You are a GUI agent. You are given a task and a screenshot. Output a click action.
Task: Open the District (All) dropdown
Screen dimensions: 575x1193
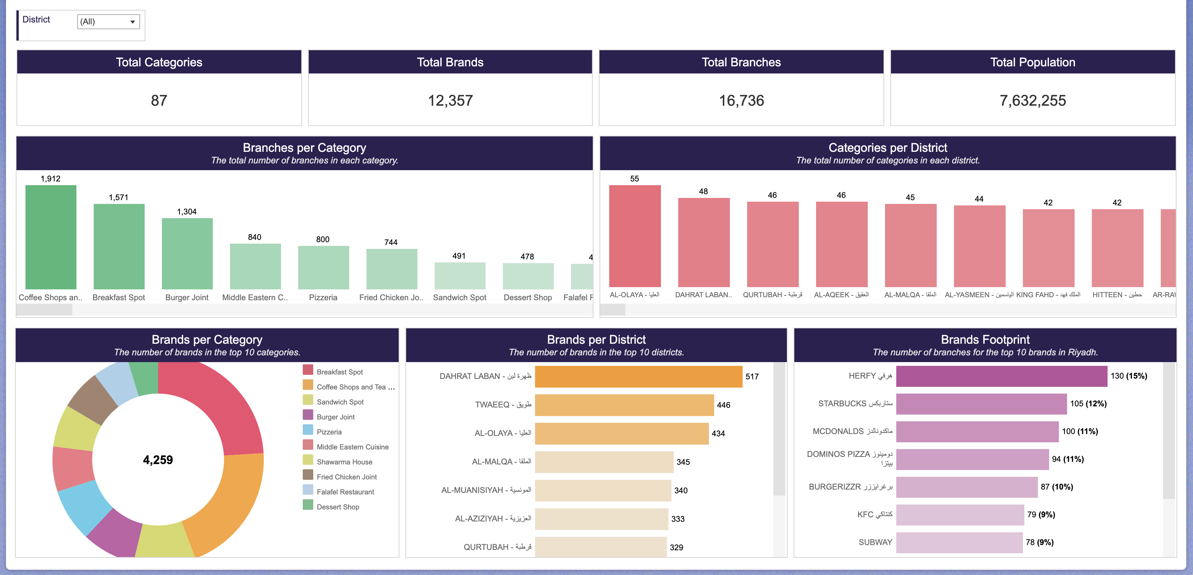point(108,21)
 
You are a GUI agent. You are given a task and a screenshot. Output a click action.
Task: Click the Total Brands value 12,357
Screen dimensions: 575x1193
point(450,100)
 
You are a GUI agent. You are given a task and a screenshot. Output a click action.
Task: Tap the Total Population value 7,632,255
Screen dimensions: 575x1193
point(1032,100)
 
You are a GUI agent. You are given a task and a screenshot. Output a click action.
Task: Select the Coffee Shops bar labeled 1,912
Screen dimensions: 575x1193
point(51,237)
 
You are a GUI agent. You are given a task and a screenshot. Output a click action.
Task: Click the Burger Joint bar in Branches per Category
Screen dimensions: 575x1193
point(187,253)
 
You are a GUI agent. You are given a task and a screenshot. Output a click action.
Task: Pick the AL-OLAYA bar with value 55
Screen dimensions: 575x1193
point(634,236)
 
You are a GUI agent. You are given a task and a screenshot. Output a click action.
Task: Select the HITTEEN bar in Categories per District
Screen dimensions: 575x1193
point(1117,248)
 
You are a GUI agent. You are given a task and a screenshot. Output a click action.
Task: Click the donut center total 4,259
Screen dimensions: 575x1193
point(158,460)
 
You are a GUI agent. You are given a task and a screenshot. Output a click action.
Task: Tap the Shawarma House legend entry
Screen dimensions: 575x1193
point(344,462)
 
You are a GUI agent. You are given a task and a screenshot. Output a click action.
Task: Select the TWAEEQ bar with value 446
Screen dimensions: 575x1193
point(624,405)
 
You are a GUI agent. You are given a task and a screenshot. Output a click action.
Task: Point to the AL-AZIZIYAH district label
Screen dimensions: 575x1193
point(493,518)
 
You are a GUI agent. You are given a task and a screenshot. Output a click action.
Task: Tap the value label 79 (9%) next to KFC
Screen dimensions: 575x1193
point(1041,514)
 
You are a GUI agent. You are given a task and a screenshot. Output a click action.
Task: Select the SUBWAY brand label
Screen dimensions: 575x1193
point(875,542)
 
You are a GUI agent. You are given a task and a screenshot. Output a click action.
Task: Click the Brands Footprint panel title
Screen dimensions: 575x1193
point(985,340)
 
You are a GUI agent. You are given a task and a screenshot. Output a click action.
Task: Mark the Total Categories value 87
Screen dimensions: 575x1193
point(159,100)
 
